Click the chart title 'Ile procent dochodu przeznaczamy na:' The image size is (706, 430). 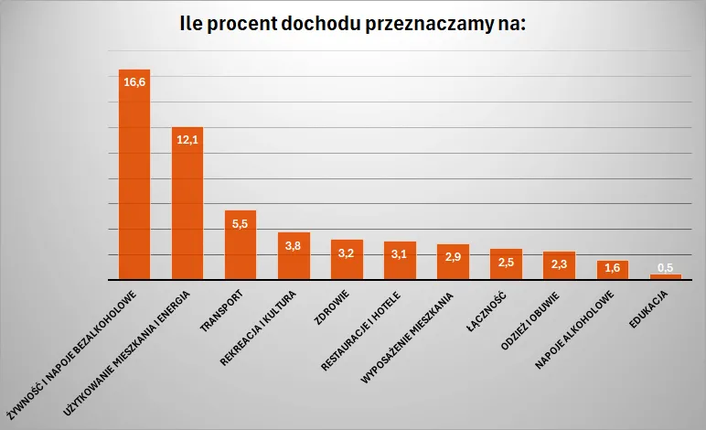click(353, 25)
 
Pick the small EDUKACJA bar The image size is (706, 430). click(665, 276)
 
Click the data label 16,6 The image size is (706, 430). click(134, 82)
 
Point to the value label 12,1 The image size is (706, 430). click(187, 140)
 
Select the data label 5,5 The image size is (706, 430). click(241, 224)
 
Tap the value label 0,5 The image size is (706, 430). click(665, 267)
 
